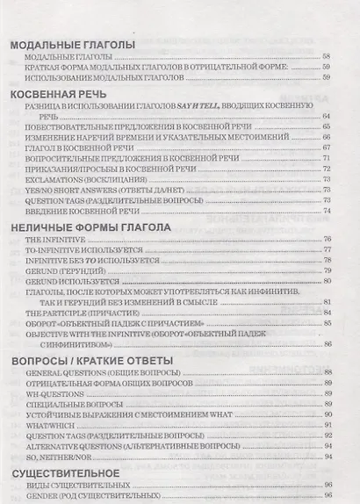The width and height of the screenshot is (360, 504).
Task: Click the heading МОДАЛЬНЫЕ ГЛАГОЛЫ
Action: pyautogui.click(x=70, y=44)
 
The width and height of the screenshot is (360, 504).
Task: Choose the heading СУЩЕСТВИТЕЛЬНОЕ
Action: pyautogui.click(x=72, y=472)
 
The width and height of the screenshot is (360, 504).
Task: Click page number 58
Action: pyautogui.click(x=327, y=57)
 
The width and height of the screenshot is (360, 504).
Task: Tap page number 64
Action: pyautogui.click(x=327, y=116)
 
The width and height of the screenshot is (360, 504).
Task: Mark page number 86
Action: pyautogui.click(x=327, y=343)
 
